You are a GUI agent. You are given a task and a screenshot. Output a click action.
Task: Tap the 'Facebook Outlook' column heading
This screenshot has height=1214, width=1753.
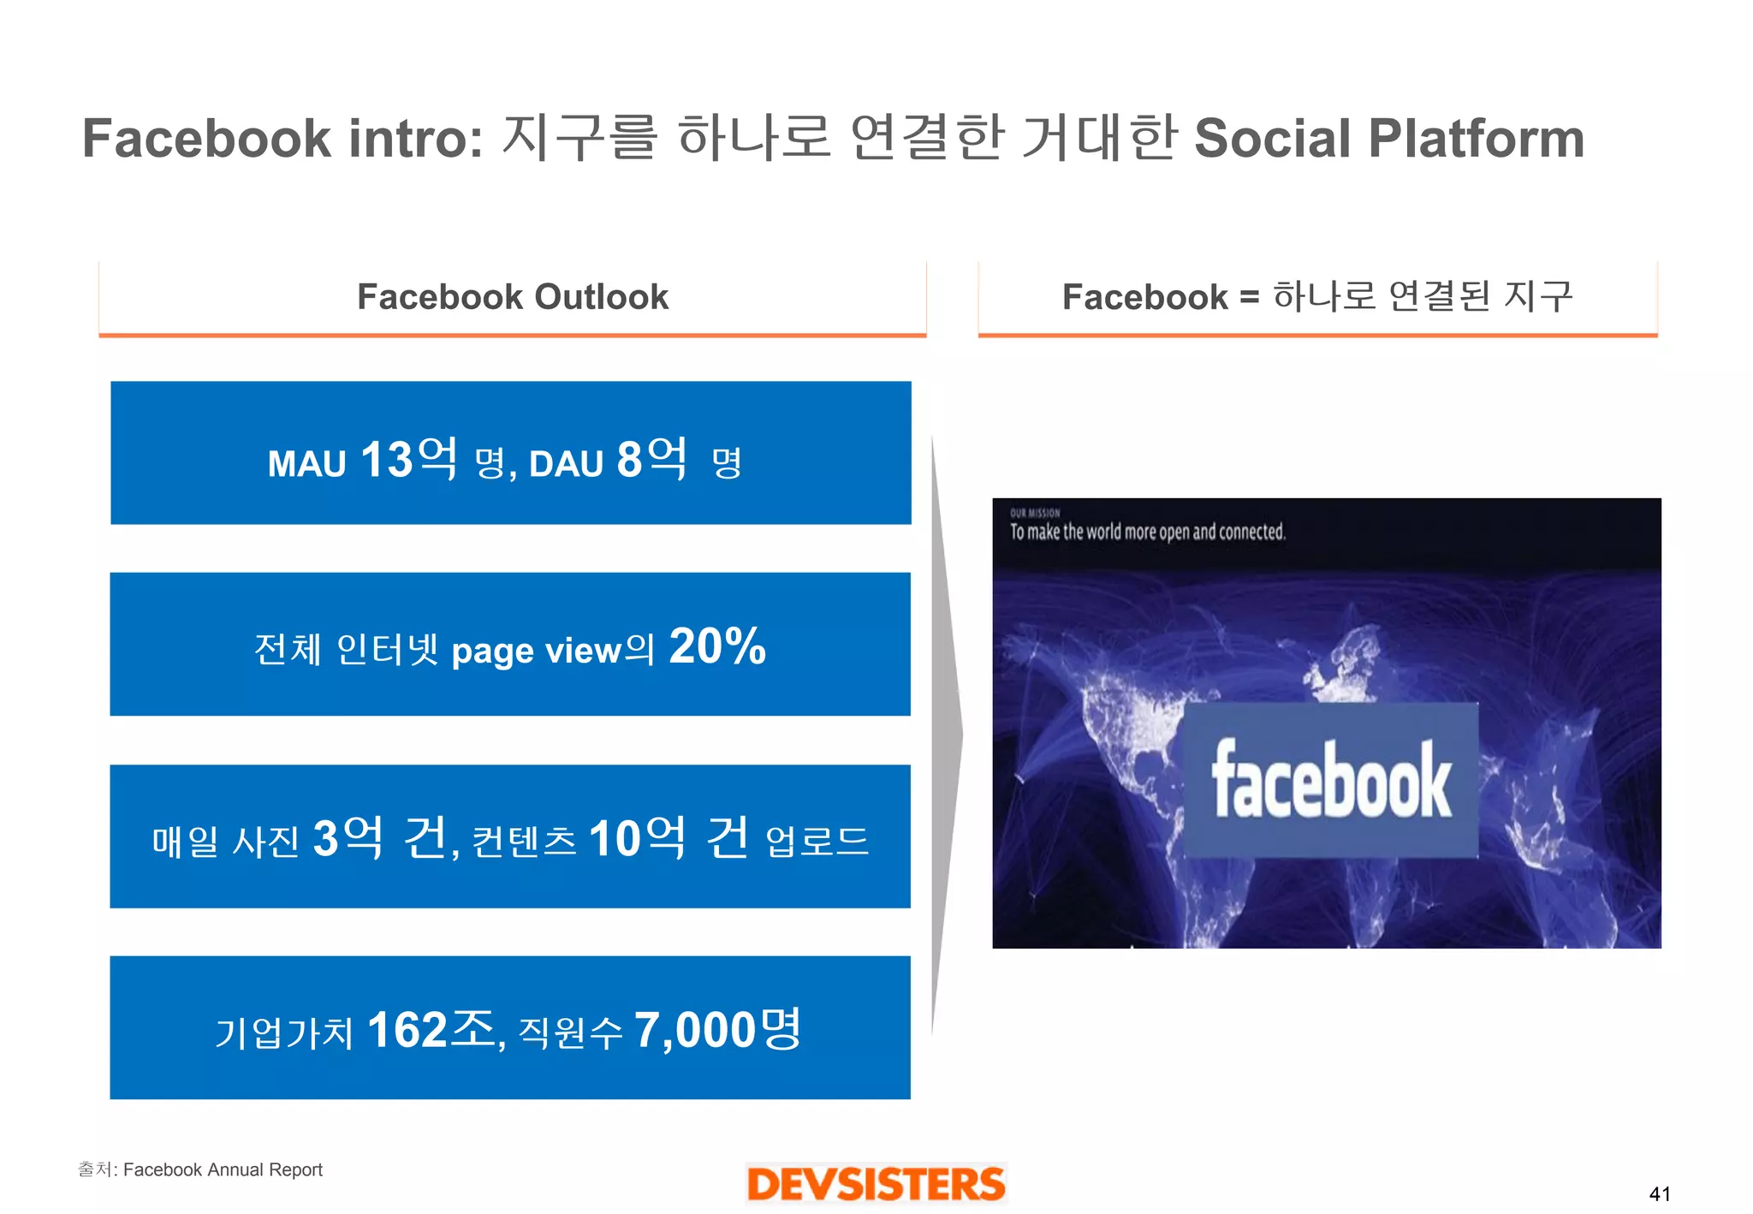pyautogui.click(x=512, y=297)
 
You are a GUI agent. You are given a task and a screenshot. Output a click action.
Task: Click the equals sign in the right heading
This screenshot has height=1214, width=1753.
pyautogui.click(x=1249, y=298)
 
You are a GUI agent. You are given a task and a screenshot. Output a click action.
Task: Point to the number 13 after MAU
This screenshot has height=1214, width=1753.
pyautogui.click(x=387, y=460)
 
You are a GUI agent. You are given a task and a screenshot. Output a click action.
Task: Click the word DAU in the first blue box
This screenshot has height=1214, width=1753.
pyautogui.click(x=567, y=464)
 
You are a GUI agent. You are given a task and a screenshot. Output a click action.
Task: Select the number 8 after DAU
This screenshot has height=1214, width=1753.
pyautogui.click(x=629, y=460)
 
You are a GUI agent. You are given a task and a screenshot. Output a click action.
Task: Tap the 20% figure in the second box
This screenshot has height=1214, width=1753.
pyautogui.click(x=717, y=646)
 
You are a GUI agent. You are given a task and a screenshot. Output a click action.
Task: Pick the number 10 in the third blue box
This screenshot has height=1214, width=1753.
pyautogui.click(x=615, y=839)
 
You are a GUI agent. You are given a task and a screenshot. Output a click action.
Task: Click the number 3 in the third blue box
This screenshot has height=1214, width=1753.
pyautogui.click(x=325, y=839)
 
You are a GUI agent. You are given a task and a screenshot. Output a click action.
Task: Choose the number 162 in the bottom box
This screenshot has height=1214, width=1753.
pyautogui.click(x=407, y=1030)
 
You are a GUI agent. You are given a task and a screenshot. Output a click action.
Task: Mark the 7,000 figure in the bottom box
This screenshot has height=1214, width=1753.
pyautogui.click(x=694, y=1030)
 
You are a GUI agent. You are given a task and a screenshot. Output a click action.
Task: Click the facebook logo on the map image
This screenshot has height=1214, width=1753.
pyautogui.click(x=1330, y=780)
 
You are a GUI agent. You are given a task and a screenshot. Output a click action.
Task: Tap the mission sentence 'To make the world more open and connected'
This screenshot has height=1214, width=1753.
pyautogui.click(x=1147, y=533)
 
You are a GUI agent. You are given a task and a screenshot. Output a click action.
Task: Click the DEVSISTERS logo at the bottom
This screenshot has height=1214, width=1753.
pyautogui.click(x=876, y=1184)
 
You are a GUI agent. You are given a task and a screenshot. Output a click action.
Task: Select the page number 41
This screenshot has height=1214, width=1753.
pyautogui.click(x=1659, y=1194)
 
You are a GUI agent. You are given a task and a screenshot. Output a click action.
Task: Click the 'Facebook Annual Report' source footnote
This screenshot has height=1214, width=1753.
pyautogui.click(x=223, y=1170)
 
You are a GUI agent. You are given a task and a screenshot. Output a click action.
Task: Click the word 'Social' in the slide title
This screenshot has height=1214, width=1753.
pyautogui.click(x=1272, y=139)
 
